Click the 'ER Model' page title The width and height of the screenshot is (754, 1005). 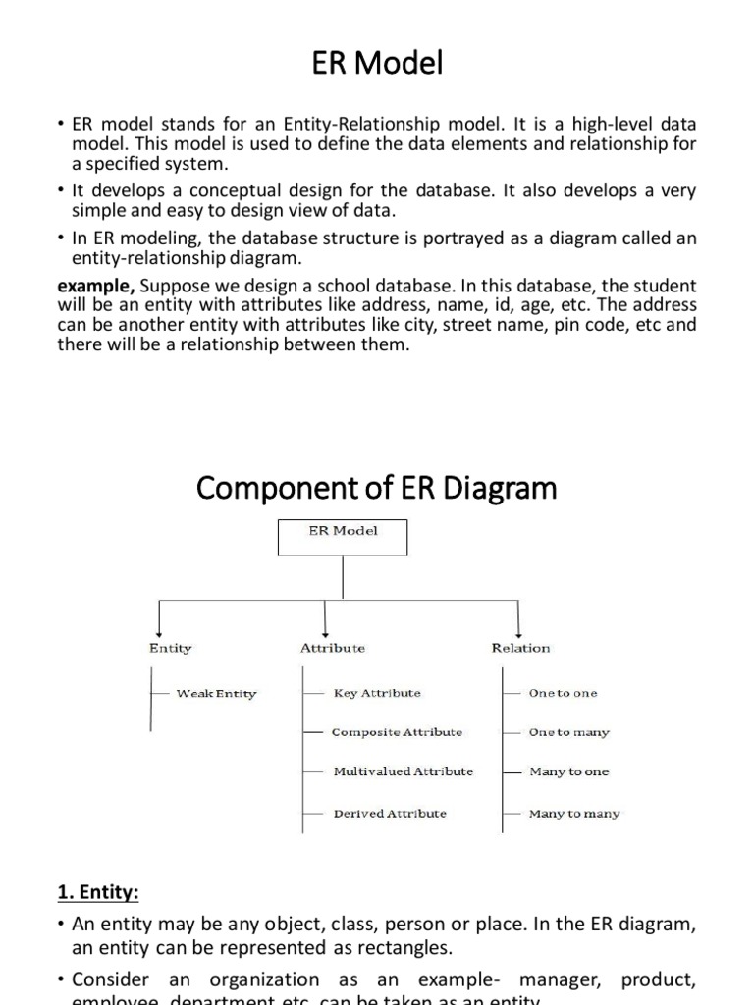[377, 64]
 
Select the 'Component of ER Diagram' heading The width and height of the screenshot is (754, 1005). [377, 488]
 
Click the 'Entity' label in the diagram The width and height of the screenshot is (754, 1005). [171, 648]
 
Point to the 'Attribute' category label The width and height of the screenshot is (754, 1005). [333, 648]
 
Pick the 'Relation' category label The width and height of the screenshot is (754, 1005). [520, 648]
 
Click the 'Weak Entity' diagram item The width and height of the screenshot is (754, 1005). [216, 693]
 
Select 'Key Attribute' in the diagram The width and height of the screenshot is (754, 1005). [377, 693]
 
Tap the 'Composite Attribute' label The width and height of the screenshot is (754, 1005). [397, 732]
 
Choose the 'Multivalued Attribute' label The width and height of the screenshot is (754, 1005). [403, 771]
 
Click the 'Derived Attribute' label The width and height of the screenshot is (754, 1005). [390, 813]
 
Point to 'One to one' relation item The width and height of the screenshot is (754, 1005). [563, 693]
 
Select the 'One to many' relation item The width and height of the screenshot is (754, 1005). [569, 732]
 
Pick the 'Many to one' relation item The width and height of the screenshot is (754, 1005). [569, 771]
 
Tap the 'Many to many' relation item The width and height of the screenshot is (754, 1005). [574, 813]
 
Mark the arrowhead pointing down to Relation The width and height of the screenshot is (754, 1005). [519, 631]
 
